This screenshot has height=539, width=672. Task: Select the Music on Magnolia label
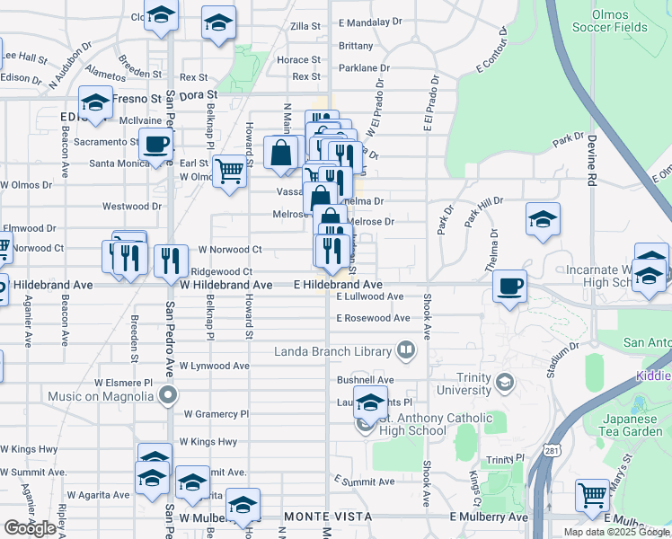click(x=101, y=396)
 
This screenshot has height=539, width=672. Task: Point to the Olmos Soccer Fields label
click(x=619, y=21)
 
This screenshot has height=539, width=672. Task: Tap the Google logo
click(x=30, y=527)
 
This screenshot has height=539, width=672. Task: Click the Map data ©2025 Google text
click(x=616, y=532)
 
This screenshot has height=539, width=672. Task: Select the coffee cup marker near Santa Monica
click(x=155, y=144)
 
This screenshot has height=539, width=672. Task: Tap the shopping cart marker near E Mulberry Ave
click(x=592, y=492)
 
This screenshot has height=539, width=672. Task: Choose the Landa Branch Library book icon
click(x=406, y=351)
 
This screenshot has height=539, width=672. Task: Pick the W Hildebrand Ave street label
click(x=225, y=285)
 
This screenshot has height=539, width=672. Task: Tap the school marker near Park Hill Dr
click(x=543, y=220)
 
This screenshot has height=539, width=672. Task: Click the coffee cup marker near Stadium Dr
click(x=510, y=286)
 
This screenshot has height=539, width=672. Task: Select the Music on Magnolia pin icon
click(x=167, y=395)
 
